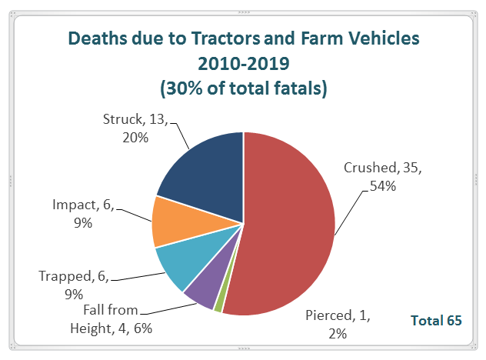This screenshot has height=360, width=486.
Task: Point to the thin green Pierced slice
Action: coord(219,305)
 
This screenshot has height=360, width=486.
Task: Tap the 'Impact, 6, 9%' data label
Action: coord(84,213)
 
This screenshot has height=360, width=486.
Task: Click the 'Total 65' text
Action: coord(436,320)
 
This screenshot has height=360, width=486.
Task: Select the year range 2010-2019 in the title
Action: coord(244,63)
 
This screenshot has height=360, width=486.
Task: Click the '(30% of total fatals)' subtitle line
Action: coord(244,88)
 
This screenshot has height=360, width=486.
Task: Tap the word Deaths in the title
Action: coord(98,37)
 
